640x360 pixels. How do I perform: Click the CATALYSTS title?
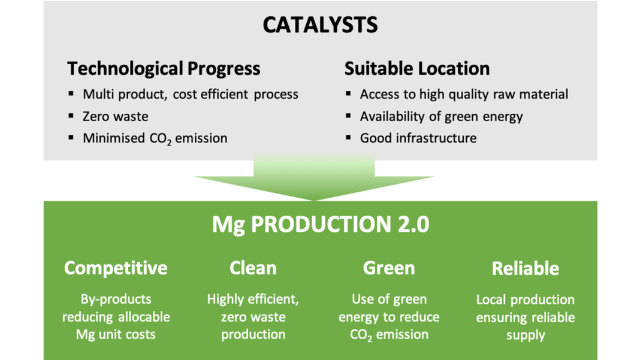pyautogui.click(x=320, y=25)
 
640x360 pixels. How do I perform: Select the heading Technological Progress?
pyautogui.click(x=164, y=68)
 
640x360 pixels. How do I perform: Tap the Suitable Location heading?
pyautogui.click(x=416, y=68)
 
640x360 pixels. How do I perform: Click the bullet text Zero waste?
pyautogui.click(x=116, y=116)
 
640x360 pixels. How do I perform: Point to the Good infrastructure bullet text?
pyautogui.click(x=418, y=138)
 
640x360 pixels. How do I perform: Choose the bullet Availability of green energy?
pyautogui.click(x=441, y=117)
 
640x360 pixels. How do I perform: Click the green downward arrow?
pyautogui.click(x=314, y=177)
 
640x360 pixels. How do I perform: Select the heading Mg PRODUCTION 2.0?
pyautogui.click(x=321, y=225)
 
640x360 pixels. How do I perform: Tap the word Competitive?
pyautogui.click(x=116, y=268)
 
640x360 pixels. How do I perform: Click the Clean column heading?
pyautogui.click(x=253, y=268)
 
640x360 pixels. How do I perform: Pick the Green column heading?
pyautogui.click(x=389, y=268)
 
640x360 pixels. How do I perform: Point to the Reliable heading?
pyautogui.click(x=526, y=268)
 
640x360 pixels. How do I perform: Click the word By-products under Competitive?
pyautogui.click(x=116, y=300)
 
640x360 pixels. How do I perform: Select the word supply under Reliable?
pyautogui.click(x=526, y=335)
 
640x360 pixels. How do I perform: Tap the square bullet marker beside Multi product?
pyautogui.click(x=71, y=94)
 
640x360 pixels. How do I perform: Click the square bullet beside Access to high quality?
pyautogui.click(x=348, y=94)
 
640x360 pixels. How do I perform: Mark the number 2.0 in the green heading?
pyautogui.click(x=413, y=225)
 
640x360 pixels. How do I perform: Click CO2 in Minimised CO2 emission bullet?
pyautogui.click(x=161, y=139)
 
